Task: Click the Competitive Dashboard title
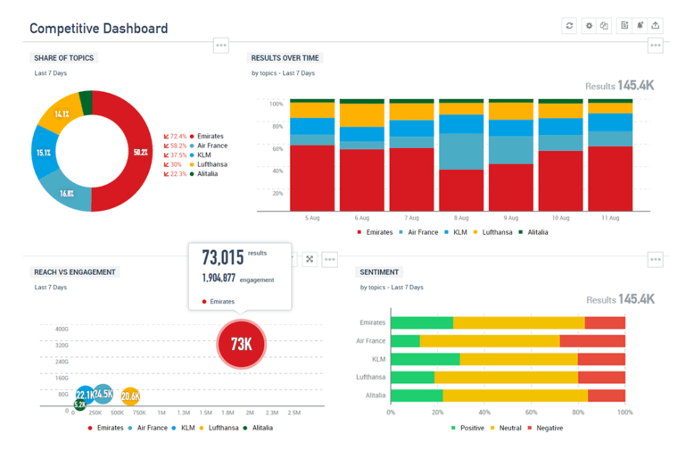tap(98, 29)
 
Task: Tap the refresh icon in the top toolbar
tap(569, 26)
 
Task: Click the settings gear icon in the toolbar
tap(589, 26)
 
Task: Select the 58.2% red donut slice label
tap(140, 152)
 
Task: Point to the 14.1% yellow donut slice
tap(62, 114)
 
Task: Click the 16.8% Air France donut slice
tap(67, 193)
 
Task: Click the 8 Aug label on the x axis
tap(461, 218)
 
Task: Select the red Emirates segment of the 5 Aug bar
tap(312, 178)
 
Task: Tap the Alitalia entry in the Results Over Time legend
tap(537, 232)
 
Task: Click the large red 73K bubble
tap(241, 343)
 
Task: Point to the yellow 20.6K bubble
tap(130, 396)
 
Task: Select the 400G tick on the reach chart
tap(62, 329)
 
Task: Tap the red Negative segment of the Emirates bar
tap(605, 322)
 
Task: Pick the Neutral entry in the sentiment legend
tap(509, 428)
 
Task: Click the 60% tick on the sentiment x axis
tap(532, 413)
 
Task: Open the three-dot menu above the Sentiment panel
tap(656, 260)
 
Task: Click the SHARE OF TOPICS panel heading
tap(63, 57)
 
